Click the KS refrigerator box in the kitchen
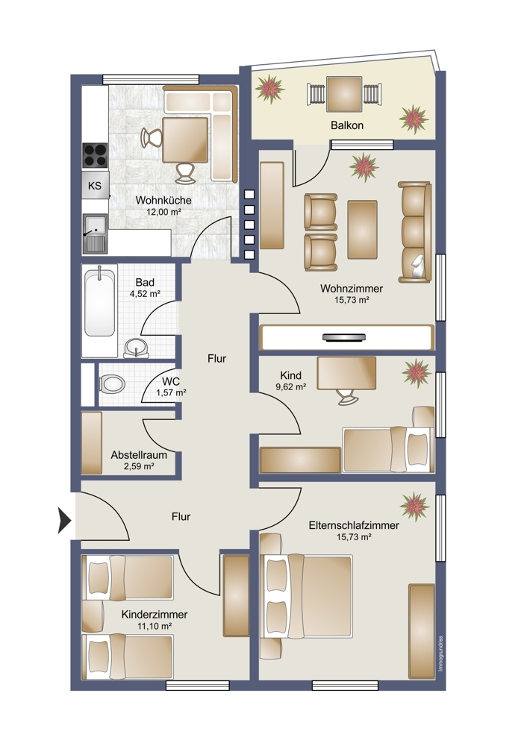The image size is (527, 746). coord(95,186)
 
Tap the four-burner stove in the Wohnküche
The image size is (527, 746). coord(95,154)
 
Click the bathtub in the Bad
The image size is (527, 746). coord(99,302)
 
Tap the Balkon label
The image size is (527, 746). coord(347,125)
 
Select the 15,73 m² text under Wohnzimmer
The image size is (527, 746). coord(352,300)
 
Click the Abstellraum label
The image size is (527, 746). coord(138,454)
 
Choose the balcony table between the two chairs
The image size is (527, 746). coord(345,95)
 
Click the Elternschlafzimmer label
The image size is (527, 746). coord(354,525)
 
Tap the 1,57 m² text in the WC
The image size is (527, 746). coord(170,392)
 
